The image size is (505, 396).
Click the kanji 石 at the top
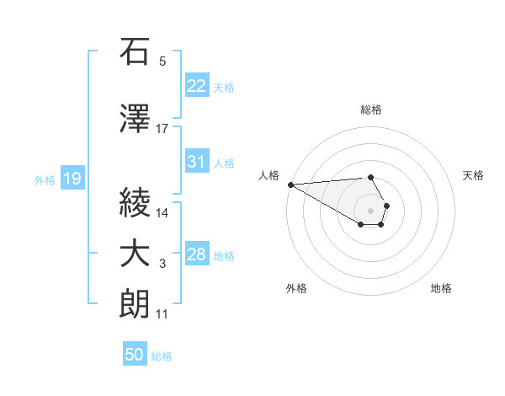click(136, 52)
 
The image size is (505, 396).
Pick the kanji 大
click(136, 254)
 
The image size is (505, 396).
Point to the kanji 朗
click(136, 305)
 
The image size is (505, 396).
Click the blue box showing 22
click(196, 86)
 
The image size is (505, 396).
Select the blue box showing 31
click(196, 163)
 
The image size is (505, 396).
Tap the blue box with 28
click(196, 255)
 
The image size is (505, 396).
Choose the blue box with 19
click(72, 179)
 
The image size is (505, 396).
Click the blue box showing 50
click(135, 355)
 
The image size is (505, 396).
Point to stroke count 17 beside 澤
click(162, 129)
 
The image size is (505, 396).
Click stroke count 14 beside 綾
click(162, 213)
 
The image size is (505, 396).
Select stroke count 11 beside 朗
click(162, 314)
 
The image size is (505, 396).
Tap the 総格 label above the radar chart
click(371, 110)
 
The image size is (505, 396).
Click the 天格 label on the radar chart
click(474, 175)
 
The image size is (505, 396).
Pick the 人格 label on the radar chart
click(268, 175)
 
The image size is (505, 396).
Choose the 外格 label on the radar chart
click(296, 288)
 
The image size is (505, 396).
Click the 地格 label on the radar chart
click(441, 288)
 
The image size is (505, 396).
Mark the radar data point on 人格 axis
click(290, 185)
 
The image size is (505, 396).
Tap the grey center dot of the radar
click(371, 210)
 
